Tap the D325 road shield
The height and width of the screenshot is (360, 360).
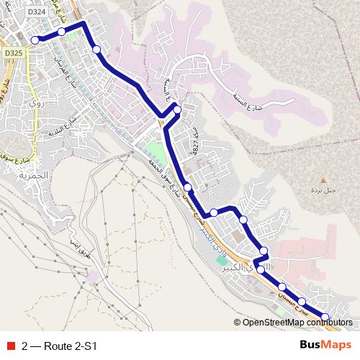click(13, 53)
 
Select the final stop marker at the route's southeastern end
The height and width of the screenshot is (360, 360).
click(325, 318)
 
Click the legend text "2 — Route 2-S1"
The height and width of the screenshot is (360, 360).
click(59, 346)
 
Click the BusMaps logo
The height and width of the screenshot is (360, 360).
click(325, 345)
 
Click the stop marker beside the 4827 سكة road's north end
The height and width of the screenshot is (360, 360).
click(177, 110)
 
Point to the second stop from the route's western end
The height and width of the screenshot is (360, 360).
click(62, 32)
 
